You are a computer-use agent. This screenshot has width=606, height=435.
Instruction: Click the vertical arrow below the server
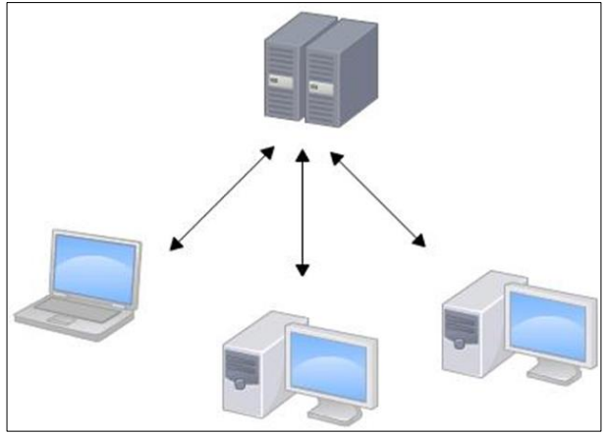303,210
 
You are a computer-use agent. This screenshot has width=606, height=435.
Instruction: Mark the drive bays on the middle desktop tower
241,364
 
